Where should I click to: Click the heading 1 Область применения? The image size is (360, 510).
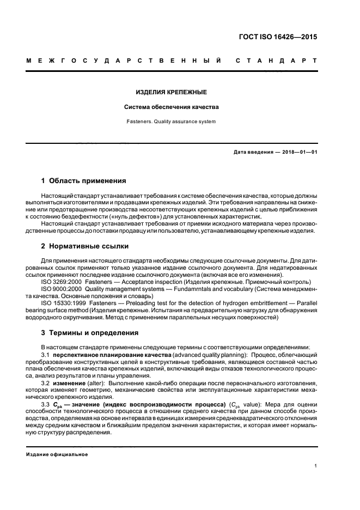coord(84,180)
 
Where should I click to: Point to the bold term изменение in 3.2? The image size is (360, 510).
coord(70,383)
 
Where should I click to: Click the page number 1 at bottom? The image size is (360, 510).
coord(315,466)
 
